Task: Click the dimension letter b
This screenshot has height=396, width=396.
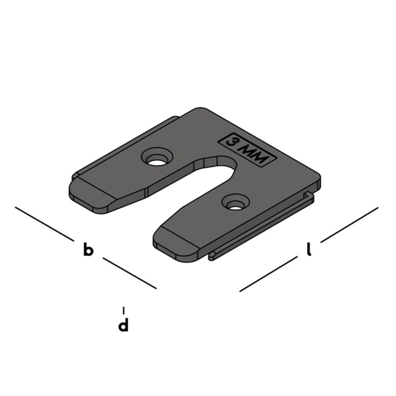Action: click(x=88, y=251)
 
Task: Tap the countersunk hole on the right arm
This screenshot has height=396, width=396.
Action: click(x=236, y=203)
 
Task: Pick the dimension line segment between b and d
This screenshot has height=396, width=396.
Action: click(x=129, y=273)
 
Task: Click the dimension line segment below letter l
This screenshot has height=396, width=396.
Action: click(x=268, y=274)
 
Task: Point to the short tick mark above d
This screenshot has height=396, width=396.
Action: click(x=124, y=310)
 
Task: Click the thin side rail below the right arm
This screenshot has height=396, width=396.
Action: click(x=261, y=234)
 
